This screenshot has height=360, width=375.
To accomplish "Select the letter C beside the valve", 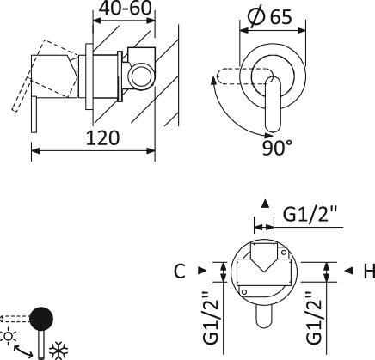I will [x=179, y=272].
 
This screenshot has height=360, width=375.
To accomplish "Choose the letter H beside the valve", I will [x=368, y=272].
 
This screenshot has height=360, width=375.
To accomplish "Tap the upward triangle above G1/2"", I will [x=266, y=204].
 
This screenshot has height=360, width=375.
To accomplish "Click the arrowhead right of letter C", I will [x=202, y=272].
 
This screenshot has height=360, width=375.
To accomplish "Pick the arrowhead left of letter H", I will [x=348, y=272].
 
